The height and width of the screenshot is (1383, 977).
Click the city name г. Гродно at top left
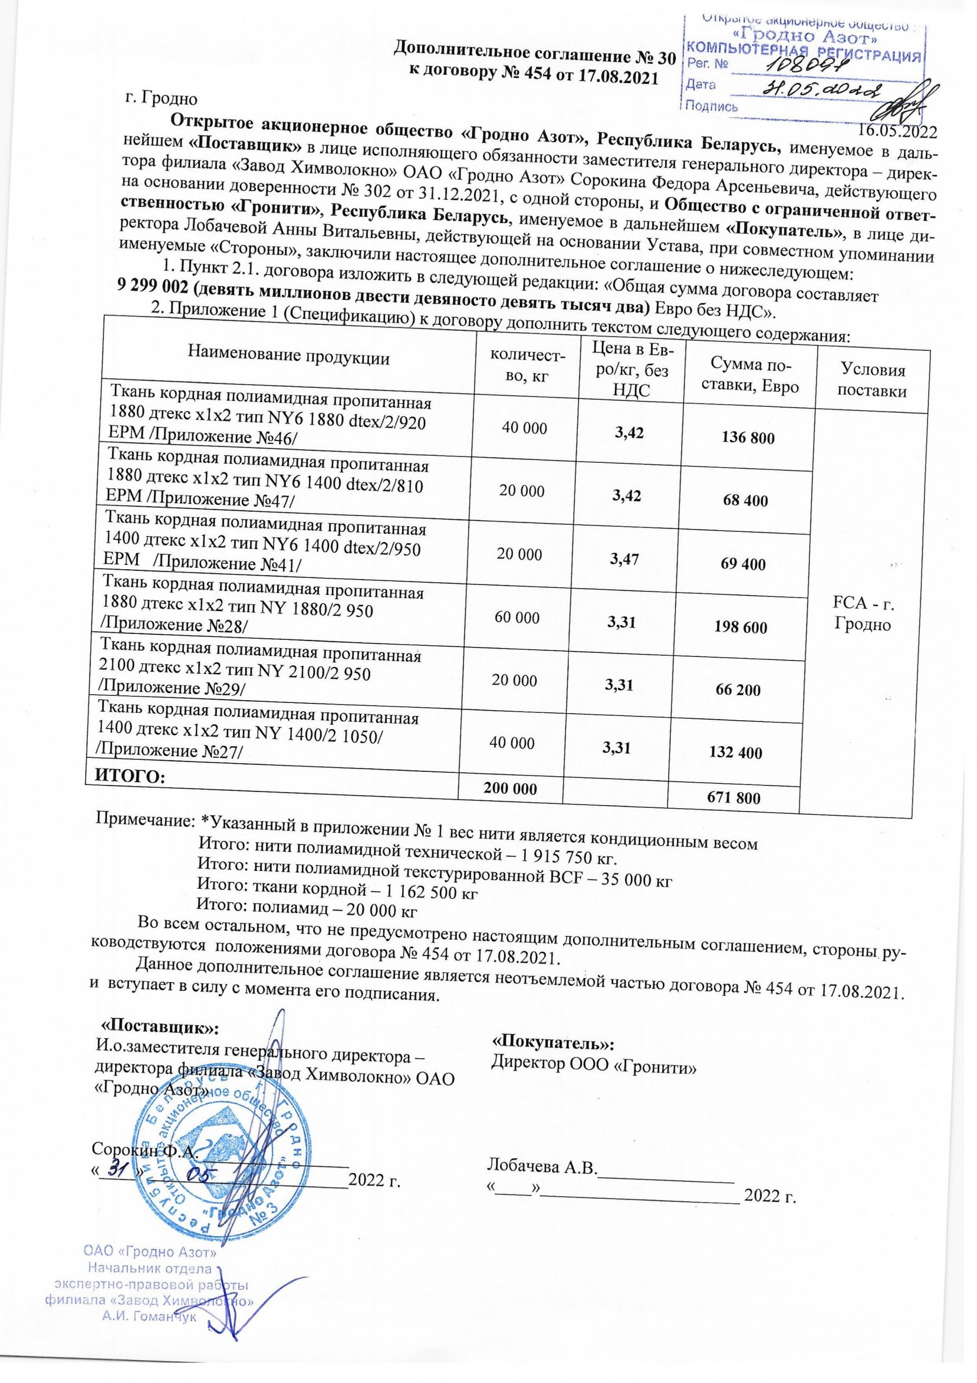click(161, 98)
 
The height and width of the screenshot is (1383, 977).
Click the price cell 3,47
click(625, 560)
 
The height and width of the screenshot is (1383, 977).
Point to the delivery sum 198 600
click(740, 627)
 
